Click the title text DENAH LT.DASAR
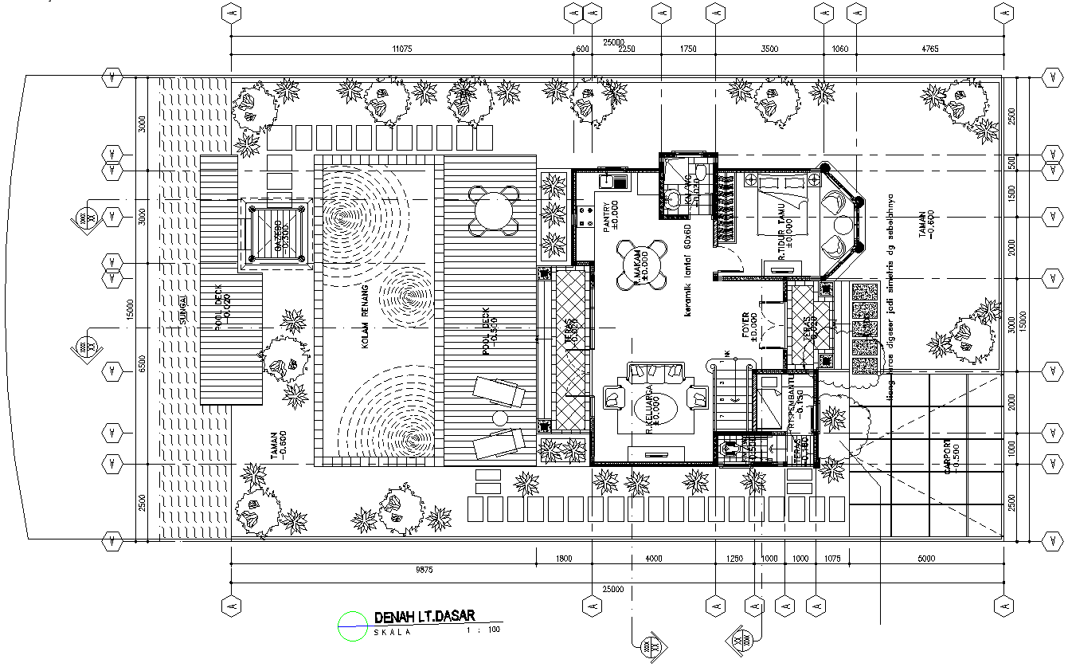424,616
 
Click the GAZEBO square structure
277,236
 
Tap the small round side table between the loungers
500,418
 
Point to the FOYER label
746,327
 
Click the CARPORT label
948,458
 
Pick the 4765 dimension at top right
929,49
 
